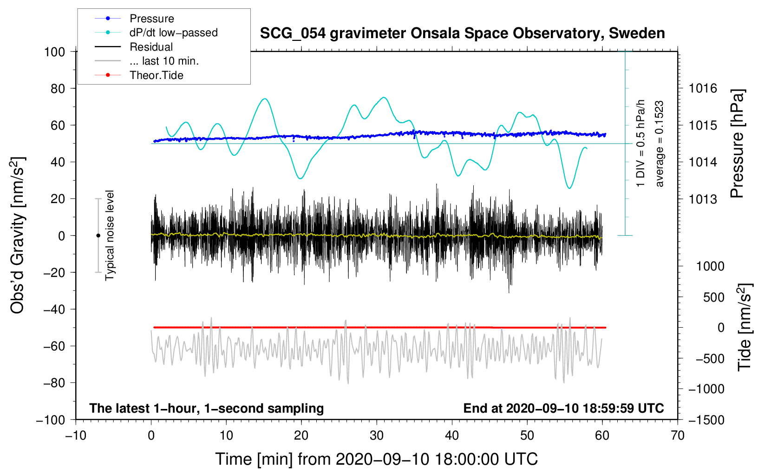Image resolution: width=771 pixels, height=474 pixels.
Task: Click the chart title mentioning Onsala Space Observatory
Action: [x=462, y=33]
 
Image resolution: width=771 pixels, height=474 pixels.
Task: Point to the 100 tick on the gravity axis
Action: [x=55, y=52]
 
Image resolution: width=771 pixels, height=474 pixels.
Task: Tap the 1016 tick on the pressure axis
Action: [x=703, y=89]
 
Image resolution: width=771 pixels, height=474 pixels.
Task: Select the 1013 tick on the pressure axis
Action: [x=703, y=199]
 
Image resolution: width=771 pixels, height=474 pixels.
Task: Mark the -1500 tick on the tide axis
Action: [x=706, y=420]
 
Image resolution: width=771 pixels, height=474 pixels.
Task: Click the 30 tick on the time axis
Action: [x=377, y=435]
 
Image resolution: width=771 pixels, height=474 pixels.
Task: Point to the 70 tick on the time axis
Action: [x=677, y=435]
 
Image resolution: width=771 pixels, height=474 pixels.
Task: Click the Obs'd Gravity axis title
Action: [x=18, y=235]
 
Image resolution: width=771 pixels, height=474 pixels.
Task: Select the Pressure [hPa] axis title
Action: [x=738, y=144]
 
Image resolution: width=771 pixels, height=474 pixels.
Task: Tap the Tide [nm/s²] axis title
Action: [x=745, y=327]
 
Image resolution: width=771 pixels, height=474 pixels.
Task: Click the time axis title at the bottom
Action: [x=377, y=459]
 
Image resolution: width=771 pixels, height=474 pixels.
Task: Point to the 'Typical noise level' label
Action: [x=110, y=235]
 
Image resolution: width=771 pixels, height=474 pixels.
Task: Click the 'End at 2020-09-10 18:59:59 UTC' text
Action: [x=563, y=408]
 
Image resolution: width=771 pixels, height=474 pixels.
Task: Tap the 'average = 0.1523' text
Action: [x=659, y=144]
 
